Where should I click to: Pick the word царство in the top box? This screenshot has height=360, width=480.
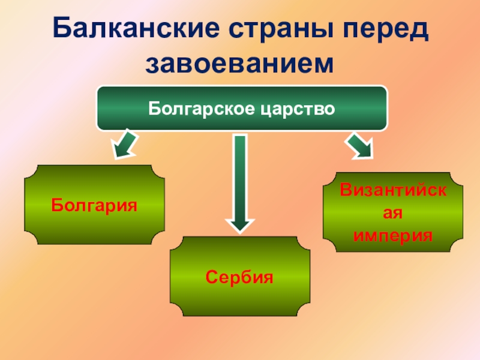(x=297, y=109)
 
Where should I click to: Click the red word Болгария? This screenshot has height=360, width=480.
(x=94, y=205)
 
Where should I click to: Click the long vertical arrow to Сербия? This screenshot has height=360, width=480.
(x=240, y=180)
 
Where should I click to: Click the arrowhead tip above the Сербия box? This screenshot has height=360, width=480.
(x=240, y=229)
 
